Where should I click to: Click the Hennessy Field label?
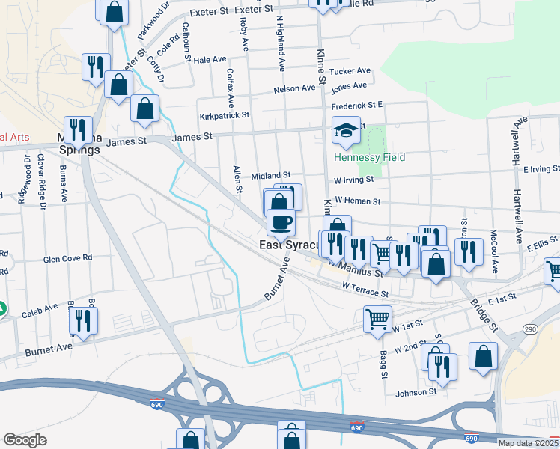(369, 157)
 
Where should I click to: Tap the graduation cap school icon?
(347, 131)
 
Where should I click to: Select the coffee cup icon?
(281, 222)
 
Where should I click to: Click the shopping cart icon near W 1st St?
(377, 319)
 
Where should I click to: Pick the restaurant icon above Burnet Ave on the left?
(83, 320)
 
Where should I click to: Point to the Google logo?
(25, 440)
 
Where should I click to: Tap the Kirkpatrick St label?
(225, 117)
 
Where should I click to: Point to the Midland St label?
(270, 174)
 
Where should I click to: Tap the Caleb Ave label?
(40, 308)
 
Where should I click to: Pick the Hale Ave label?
(210, 59)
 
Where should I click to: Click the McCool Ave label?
(493, 242)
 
